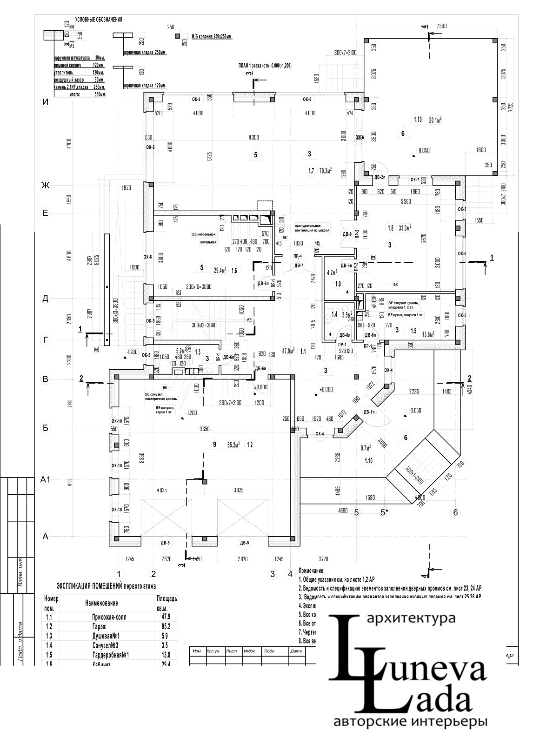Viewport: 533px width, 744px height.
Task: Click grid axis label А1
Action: (45, 480)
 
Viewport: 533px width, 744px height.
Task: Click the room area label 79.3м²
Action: (326, 171)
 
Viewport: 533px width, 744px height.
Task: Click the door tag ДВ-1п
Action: (370, 412)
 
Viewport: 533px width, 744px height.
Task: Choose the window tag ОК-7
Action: (415, 179)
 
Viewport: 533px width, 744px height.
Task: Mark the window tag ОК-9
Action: (150, 321)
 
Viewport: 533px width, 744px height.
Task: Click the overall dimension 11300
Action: (253, 137)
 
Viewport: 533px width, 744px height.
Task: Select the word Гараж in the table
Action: (107, 627)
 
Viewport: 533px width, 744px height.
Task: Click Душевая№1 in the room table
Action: (107, 636)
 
